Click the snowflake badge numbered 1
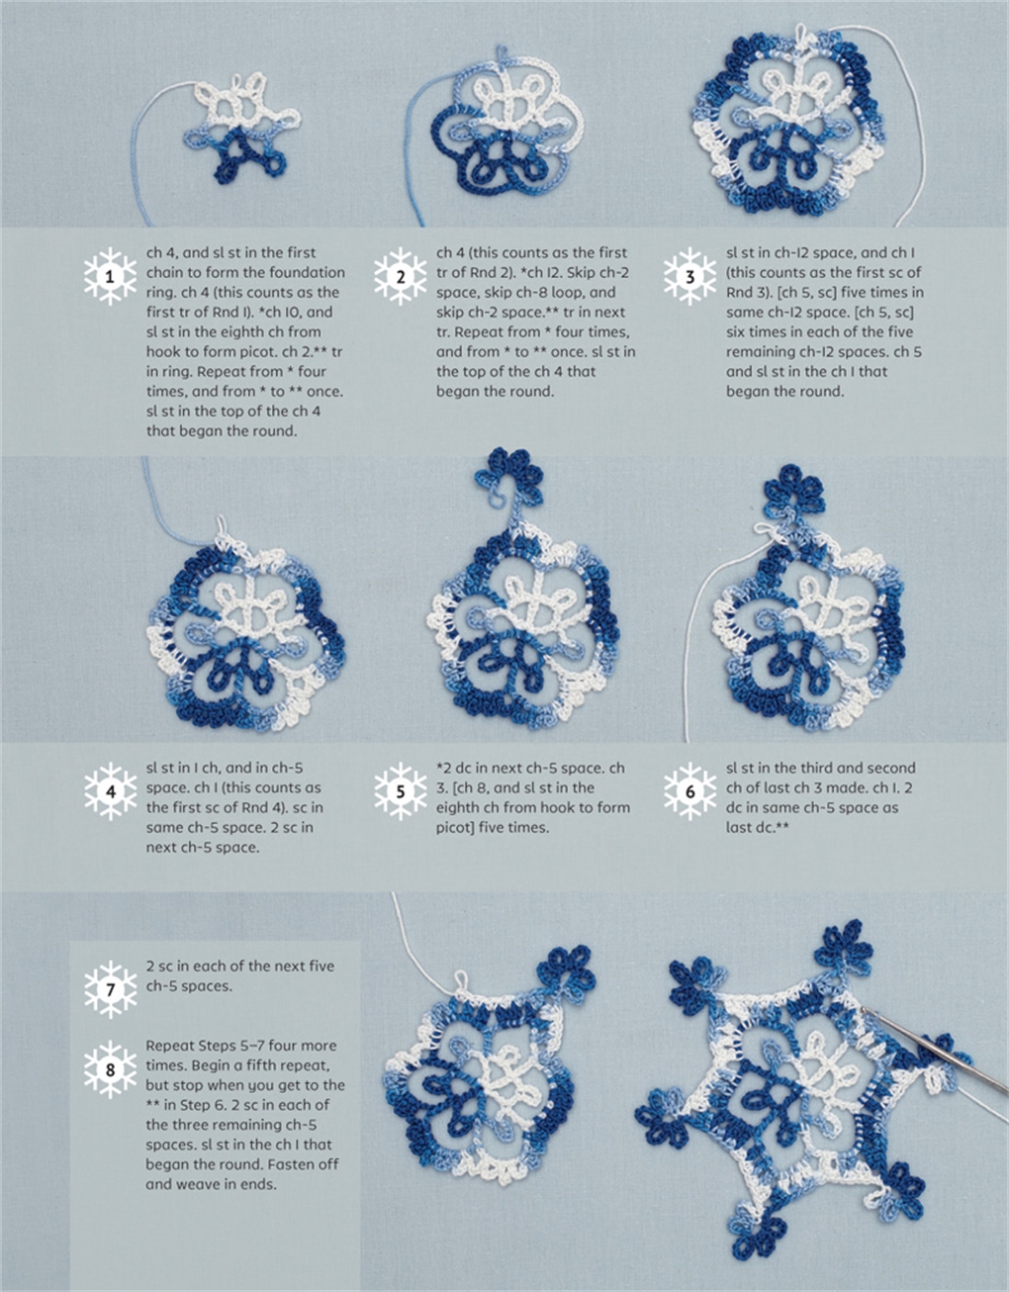tap(110, 278)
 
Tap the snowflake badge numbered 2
tap(401, 278)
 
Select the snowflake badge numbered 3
tap(690, 278)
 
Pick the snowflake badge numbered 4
tap(110, 791)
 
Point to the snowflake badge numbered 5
tap(401, 791)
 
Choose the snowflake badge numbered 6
tap(690, 791)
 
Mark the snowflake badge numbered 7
tap(110, 988)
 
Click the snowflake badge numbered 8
tap(110, 1068)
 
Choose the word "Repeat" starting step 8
tap(171, 1046)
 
